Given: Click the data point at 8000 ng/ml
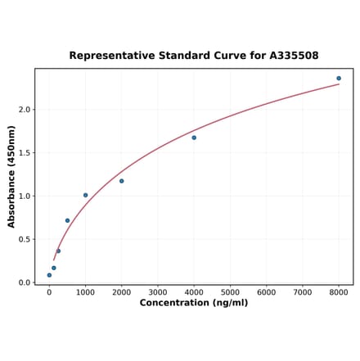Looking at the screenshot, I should tap(339, 79).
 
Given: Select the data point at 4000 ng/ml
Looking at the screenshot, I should tap(194, 138).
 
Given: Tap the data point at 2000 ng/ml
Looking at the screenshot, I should tap(122, 181).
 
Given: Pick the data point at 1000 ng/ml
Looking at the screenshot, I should tap(85, 195).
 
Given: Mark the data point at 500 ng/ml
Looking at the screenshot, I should tap(67, 220).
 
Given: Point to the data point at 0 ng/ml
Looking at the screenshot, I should tap(49, 275).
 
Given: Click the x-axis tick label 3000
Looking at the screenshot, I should tap(158, 292).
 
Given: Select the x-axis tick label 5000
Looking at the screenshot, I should tap(230, 292).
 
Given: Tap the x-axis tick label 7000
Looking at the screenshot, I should tap(303, 292).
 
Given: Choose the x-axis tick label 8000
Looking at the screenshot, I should tap(339, 292).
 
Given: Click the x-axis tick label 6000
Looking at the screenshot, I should tap(266, 292).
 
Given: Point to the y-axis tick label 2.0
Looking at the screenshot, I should tap(25, 110).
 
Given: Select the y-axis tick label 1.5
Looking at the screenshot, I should tap(25, 153).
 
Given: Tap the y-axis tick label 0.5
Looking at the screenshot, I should tap(25, 240).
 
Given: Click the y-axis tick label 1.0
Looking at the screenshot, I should tap(25, 196).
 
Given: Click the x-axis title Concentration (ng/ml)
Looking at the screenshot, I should tap(194, 303).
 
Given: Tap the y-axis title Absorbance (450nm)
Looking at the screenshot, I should tap(11, 176).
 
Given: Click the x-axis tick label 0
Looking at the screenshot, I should tap(49, 292).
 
